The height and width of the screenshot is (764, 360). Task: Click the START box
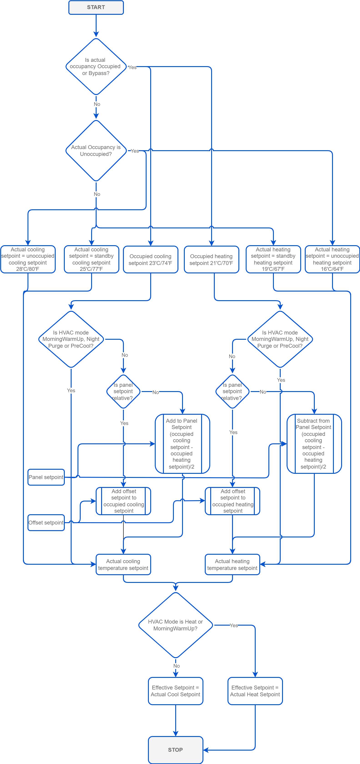pyautogui.click(x=96, y=7)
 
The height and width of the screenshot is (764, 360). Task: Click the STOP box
pyautogui.click(x=175, y=749)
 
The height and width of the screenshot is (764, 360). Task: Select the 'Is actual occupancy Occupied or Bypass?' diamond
pyautogui.click(x=96, y=66)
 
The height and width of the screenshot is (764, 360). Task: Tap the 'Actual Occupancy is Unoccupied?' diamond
pyautogui.click(x=96, y=151)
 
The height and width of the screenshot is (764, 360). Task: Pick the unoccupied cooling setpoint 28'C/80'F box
pyautogui.click(x=28, y=259)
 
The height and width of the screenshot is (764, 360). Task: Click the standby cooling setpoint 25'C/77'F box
pyautogui.click(x=91, y=259)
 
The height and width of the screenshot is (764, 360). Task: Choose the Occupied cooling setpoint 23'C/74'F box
pyautogui.click(x=150, y=260)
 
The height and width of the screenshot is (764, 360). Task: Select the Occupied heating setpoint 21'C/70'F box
pyautogui.click(x=211, y=260)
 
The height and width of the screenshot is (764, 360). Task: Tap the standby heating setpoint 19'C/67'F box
pyautogui.click(x=273, y=259)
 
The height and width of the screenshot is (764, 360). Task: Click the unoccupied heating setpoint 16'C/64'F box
pyautogui.click(x=332, y=259)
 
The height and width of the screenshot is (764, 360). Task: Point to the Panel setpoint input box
pyautogui.click(x=46, y=477)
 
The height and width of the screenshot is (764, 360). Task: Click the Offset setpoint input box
pyautogui.click(x=46, y=523)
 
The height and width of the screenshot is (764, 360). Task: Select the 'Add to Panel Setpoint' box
pyautogui.click(x=182, y=444)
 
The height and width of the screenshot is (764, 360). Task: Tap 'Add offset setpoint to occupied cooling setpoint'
pyautogui.click(x=123, y=501)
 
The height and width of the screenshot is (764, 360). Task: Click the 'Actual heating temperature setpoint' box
pyautogui.click(x=232, y=564)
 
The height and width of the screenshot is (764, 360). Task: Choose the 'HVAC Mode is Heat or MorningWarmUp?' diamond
pyautogui.click(x=175, y=625)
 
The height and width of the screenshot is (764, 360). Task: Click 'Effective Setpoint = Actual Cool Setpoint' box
pyautogui.click(x=175, y=691)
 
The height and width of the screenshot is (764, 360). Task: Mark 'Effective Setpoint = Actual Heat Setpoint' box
pyautogui.click(x=255, y=691)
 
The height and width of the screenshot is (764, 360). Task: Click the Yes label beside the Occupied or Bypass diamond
pyautogui.click(x=132, y=67)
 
